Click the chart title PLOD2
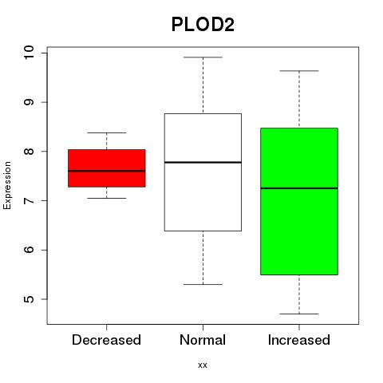pos(203,25)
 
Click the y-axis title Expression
pos(7,185)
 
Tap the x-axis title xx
pos(203,365)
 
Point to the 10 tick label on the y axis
pos(29,53)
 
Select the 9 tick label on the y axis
pos(29,102)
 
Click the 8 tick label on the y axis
pos(29,151)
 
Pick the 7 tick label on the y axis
pos(29,200)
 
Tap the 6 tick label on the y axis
pos(29,250)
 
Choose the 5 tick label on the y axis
pos(29,299)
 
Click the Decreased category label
pos(106,340)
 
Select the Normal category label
pos(203,340)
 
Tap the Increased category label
pos(299,340)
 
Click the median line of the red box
pos(107,171)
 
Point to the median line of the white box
pos(203,162)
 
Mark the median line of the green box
pos(299,188)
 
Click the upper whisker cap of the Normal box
pos(203,57)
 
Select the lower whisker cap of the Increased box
pos(299,314)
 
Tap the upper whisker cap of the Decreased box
pos(107,132)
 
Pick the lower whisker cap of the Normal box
pos(203,284)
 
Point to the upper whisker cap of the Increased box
pos(299,71)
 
